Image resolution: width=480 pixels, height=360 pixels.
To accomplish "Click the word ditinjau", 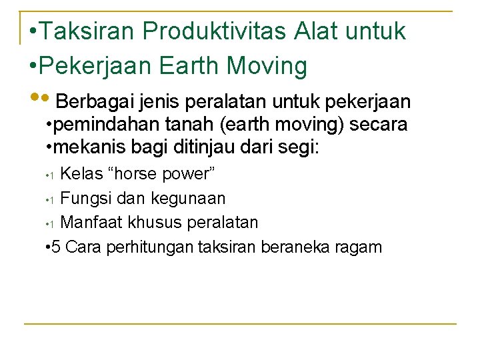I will tap(185, 147).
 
